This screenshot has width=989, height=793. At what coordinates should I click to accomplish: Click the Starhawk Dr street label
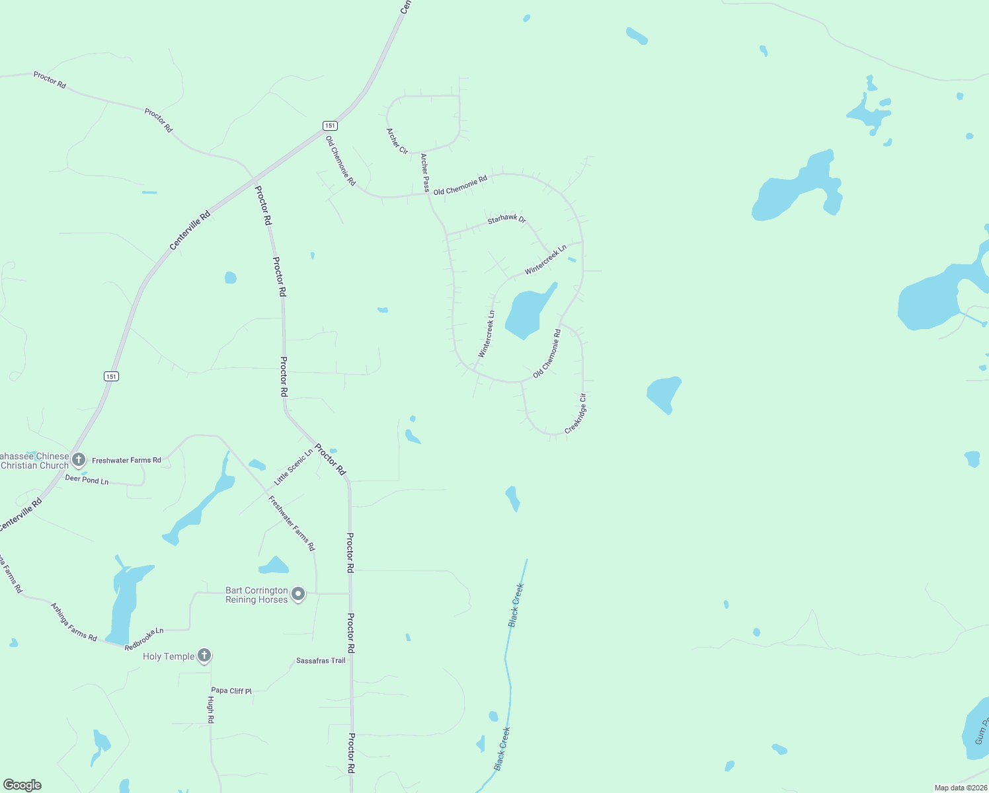(x=506, y=219)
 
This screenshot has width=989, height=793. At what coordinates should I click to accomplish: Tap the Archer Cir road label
(x=397, y=141)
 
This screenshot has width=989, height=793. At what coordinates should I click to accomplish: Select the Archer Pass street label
(x=425, y=172)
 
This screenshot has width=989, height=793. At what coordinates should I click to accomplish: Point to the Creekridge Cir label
(x=576, y=414)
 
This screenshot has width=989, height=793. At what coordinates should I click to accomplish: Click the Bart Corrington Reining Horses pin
(x=298, y=595)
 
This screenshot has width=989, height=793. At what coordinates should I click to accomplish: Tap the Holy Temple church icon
(x=205, y=656)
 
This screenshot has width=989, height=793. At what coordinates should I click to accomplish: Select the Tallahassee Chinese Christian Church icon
(x=79, y=459)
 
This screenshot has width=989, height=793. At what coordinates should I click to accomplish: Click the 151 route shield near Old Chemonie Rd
(x=330, y=126)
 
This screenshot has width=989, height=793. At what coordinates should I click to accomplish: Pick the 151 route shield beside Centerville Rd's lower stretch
(x=111, y=376)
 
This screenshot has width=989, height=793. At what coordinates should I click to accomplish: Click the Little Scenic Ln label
(x=294, y=467)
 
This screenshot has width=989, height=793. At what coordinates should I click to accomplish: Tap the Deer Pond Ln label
(x=87, y=480)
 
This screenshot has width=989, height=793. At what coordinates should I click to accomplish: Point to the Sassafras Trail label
(x=321, y=661)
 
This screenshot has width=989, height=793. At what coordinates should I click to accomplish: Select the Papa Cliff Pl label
(x=231, y=691)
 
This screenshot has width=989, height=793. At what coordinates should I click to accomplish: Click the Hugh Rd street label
(x=211, y=709)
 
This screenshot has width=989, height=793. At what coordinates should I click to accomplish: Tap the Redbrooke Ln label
(x=144, y=639)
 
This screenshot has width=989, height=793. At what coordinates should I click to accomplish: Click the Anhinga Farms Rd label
(x=74, y=622)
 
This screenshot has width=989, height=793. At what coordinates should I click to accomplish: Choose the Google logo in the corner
(x=22, y=785)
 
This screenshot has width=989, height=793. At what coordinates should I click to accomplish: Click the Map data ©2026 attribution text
(x=960, y=788)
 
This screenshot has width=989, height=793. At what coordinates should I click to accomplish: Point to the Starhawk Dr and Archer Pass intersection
(x=446, y=235)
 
